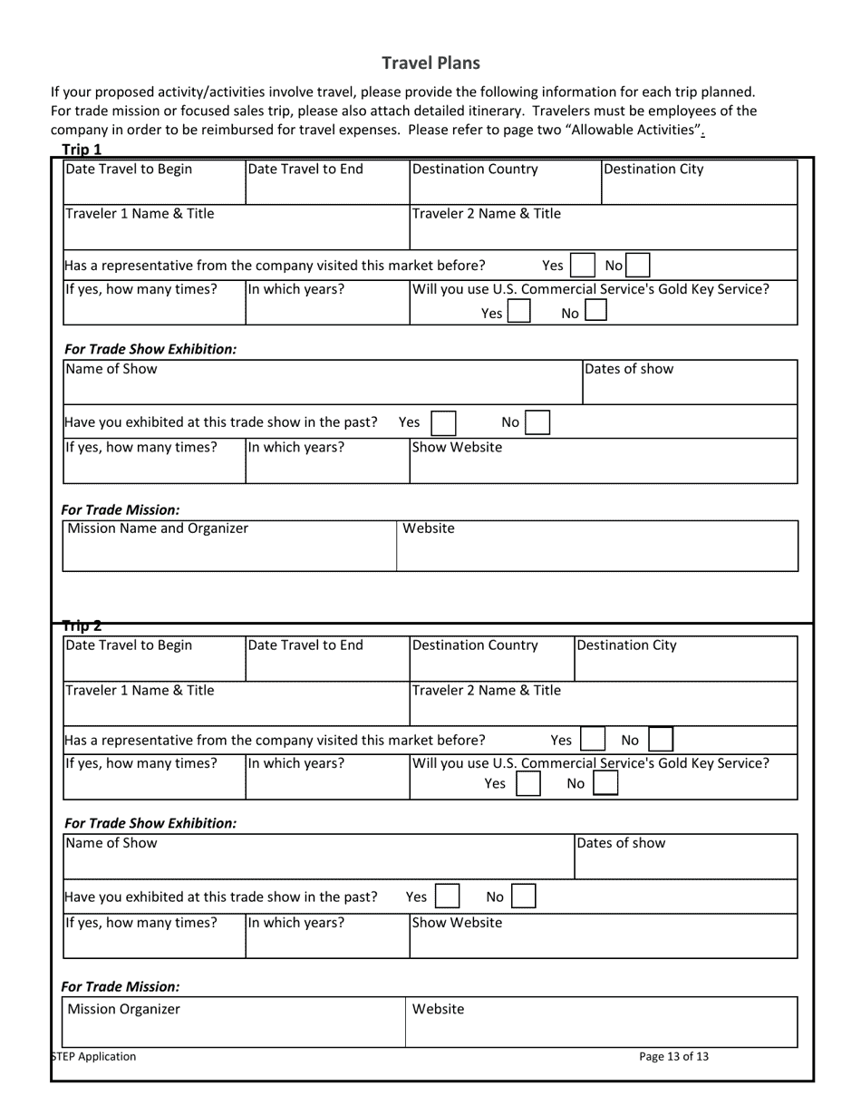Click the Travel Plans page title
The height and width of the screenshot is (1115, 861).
pos(430,63)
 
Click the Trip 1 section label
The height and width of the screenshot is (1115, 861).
pos(82,150)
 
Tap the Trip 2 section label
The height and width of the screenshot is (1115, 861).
pos(82,625)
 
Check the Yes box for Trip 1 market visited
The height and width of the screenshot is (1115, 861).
pos(582,266)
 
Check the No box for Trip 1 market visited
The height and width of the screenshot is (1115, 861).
pos(638,266)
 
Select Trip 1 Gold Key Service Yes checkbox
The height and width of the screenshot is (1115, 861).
pos(518,313)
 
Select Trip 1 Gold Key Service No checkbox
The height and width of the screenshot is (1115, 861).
pos(595,313)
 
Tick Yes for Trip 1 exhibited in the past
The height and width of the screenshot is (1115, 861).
pos(443,422)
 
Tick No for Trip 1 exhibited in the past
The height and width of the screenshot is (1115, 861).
pos(537,422)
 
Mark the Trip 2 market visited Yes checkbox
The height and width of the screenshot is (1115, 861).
pos(592,740)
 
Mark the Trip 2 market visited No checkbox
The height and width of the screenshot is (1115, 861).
pos(662,740)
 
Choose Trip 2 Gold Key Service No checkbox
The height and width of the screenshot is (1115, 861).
pos(605,784)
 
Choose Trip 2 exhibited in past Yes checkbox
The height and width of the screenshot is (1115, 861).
pos(447,897)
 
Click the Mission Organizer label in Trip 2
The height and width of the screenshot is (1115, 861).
pos(124,1009)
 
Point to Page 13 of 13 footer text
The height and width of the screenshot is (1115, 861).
pos(673,1056)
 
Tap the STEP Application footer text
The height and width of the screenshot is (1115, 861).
pos(95,1056)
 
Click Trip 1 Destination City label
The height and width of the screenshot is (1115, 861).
pos(653,169)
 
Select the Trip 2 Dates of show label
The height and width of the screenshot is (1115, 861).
pos(621,843)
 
